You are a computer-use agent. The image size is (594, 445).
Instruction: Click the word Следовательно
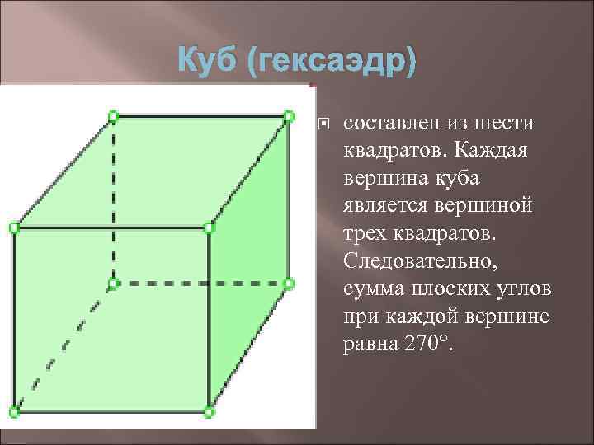(417, 262)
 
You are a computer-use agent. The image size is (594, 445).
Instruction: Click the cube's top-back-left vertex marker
(114, 116)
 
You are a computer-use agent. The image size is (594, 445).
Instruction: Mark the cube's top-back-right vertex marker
(289, 116)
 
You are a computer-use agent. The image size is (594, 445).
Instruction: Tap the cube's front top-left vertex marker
(13, 226)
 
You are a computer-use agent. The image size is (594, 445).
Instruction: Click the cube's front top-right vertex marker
(209, 226)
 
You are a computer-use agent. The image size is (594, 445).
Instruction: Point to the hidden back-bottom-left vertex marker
(114, 283)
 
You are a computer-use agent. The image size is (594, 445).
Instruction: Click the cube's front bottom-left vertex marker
(13, 410)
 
